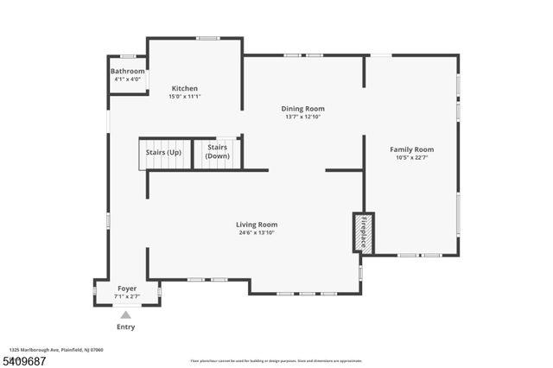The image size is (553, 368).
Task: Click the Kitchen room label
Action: coord(184,88)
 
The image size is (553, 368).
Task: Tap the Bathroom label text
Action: coord(127,71)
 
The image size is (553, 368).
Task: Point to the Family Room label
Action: coord(411,149)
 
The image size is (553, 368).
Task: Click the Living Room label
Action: coord(257,225)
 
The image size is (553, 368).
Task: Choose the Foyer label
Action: coord(126,289)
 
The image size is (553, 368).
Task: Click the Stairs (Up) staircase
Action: coord(164,154)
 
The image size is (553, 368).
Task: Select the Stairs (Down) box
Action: coord(217,152)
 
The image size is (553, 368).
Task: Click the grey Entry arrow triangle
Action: coord(125,315)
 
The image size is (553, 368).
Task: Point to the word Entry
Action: coord(125,327)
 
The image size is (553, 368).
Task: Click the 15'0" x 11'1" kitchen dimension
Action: coord(184,97)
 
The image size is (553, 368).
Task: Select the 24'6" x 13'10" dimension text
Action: coord(257,232)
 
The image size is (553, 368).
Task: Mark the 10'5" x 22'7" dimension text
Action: coord(411,158)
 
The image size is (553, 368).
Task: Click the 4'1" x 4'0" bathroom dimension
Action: coord(127,79)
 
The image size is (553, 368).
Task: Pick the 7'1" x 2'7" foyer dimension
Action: coord(126,296)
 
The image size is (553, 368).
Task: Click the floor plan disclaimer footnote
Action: coord(276,360)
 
